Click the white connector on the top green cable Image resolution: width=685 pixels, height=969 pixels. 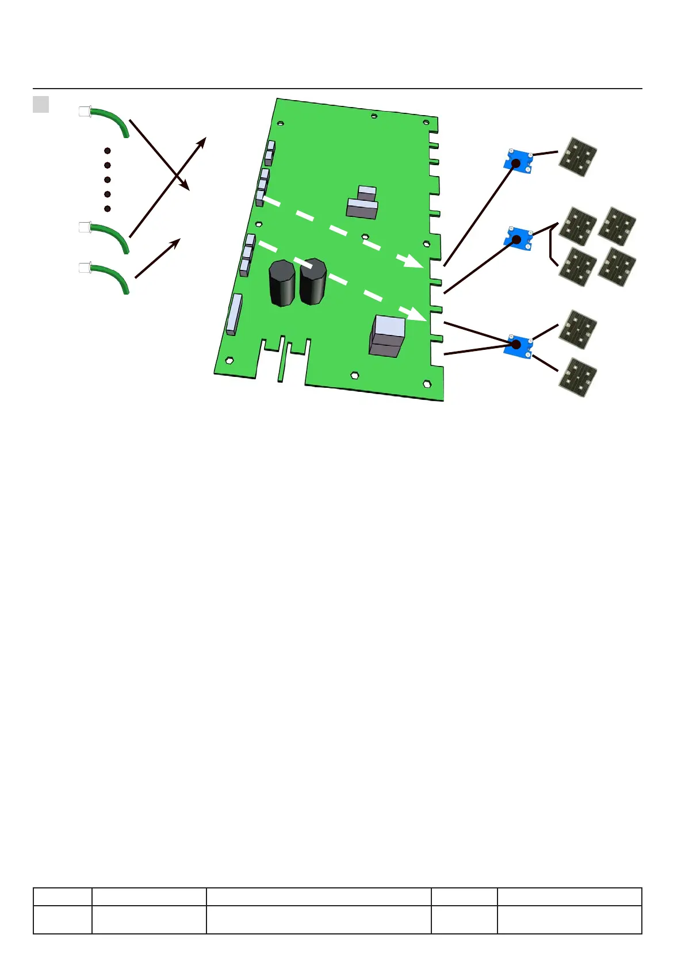pyautogui.click(x=85, y=112)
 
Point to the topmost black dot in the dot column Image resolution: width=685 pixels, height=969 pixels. pyautogui.click(x=108, y=151)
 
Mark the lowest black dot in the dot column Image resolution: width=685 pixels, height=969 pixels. pyautogui.click(x=108, y=208)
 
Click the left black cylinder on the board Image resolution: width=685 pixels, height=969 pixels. pyautogui.click(x=282, y=283)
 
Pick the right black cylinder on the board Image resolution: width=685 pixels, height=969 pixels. pyautogui.click(x=313, y=281)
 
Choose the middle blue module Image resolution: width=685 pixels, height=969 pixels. pyautogui.click(x=519, y=238)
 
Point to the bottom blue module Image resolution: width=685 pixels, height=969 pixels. pyautogui.click(x=518, y=345)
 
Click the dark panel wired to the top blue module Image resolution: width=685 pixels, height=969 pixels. pyautogui.click(x=578, y=157)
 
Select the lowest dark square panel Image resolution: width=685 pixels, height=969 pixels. pyautogui.click(x=577, y=377)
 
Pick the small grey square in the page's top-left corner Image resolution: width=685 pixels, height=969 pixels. pyautogui.click(x=41, y=104)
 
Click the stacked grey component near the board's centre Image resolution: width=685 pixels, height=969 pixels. pyautogui.click(x=363, y=202)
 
